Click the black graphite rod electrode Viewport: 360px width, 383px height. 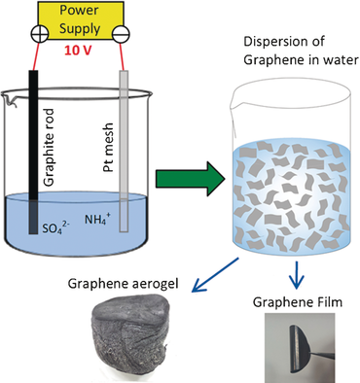coord(33,146)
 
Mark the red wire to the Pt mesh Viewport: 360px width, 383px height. coord(125,55)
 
